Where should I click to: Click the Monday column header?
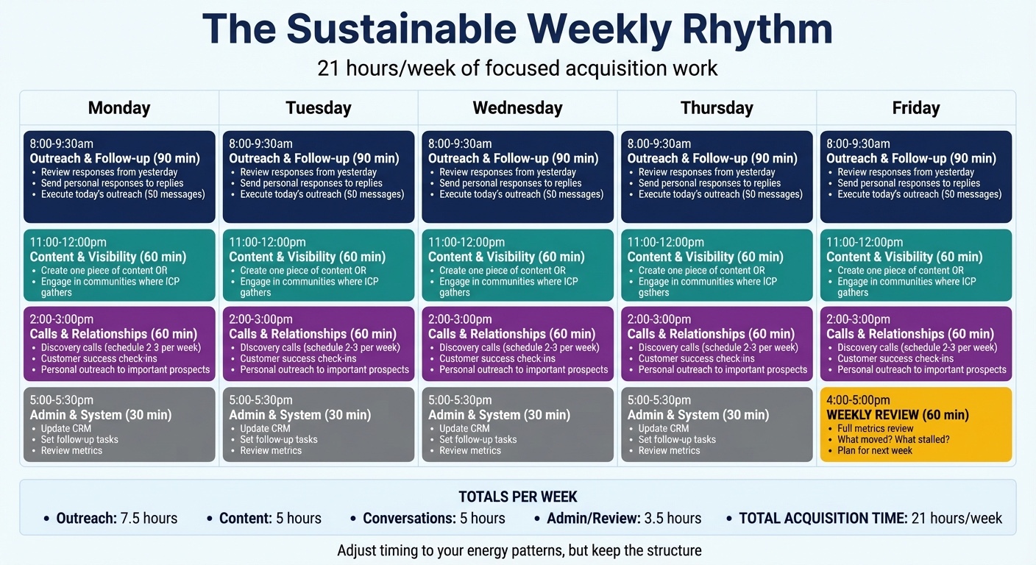pyautogui.click(x=119, y=107)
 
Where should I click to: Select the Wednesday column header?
pyautogui.click(x=517, y=107)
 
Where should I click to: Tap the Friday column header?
pyautogui.click(x=916, y=107)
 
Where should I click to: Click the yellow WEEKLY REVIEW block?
pyautogui.click(x=916, y=424)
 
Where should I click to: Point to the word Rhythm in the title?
pyautogui.click(x=757, y=29)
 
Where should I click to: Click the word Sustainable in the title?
pyautogui.click(x=402, y=29)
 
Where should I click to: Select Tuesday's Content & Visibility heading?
pyautogui.click(x=307, y=257)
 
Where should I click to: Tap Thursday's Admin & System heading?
pyautogui.click(x=698, y=415)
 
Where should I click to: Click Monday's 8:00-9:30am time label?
pyautogui.click(x=62, y=143)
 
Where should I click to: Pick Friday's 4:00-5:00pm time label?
pyautogui.click(x=858, y=400)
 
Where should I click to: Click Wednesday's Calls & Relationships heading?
pyautogui.click(x=512, y=334)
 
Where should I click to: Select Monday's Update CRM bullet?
pyautogui.click(x=65, y=429)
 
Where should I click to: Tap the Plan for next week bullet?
pyautogui.click(x=875, y=451)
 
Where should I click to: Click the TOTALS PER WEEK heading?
pyautogui.click(x=517, y=497)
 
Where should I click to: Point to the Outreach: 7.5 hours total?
pyautogui.click(x=116, y=519)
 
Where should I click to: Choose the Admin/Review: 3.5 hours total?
pyautogui.click(x=624, y=519)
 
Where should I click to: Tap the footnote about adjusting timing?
pyautogui.click(x=519, y=551)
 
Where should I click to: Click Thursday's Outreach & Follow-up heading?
pyautogui.click(x=712, y=158)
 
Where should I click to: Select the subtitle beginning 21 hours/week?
pyautogui.click(x=517, y=68)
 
